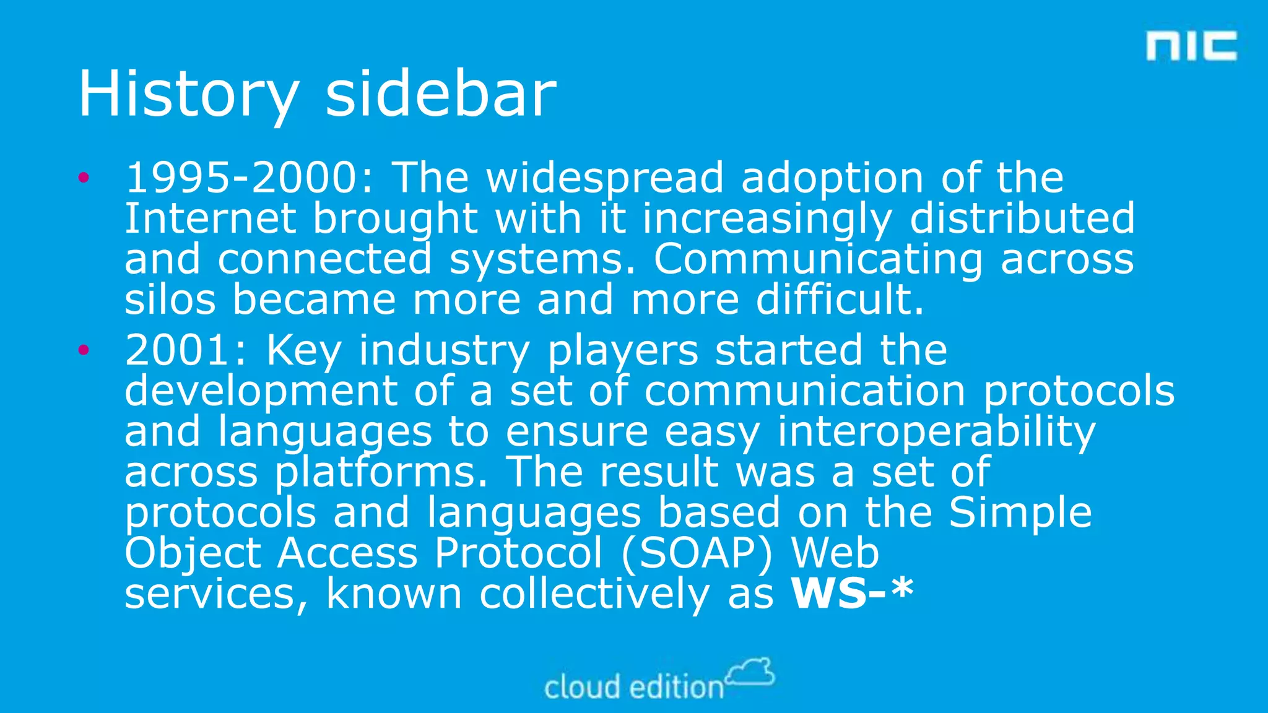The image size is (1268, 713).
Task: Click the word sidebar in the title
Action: [441, 94]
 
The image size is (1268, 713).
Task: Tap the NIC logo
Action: [1191, 46]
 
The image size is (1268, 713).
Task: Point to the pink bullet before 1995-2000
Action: [84, 178]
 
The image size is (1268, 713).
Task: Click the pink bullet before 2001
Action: [84, 350]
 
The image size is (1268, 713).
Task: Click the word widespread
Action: [604, 178]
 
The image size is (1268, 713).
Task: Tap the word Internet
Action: [211, 218]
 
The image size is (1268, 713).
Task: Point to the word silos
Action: [170, 300]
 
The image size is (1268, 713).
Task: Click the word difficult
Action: [840, 300]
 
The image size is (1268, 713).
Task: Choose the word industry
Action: [444, 350]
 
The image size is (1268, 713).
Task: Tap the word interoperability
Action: [936, 431]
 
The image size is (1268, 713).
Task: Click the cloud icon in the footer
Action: [750, 672]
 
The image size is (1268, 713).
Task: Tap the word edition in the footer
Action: [677, 688]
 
